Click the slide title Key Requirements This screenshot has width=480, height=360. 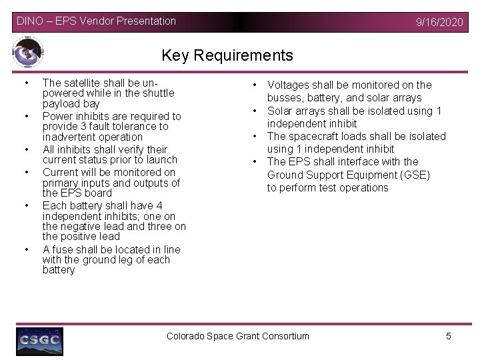point(227,55)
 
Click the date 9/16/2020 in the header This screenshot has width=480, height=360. point(439,22)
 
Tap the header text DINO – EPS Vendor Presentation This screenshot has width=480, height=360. point(96,21)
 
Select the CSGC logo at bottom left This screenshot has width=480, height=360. point(40,341)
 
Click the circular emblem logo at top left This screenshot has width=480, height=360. point(28,53)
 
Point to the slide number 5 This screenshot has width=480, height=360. point(449,336)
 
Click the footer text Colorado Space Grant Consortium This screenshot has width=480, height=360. point(237,336)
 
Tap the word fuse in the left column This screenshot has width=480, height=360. point(64,249)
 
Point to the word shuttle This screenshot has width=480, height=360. point(157,93)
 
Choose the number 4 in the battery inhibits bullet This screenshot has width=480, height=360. point(159,206)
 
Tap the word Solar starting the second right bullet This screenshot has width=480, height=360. point(281,111)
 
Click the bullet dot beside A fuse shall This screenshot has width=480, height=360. point(26,249)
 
